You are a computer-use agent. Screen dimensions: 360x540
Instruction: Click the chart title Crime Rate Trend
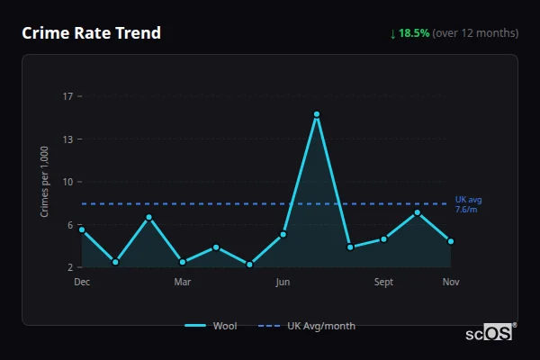[92, 33]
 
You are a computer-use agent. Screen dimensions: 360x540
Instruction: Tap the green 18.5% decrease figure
[416, 33]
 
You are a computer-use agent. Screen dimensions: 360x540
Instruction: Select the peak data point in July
[317, 114]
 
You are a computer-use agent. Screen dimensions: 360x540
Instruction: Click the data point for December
[82, 229]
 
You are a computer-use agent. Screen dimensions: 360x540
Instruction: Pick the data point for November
[451, 241]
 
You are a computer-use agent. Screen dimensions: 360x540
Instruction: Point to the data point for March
[183, 262]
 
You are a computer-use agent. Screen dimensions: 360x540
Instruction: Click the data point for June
[283, 234]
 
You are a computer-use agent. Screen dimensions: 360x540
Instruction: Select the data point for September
[384, 238]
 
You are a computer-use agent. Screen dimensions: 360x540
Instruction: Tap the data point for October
[418, 212]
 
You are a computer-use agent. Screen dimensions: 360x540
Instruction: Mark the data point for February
[149, 217]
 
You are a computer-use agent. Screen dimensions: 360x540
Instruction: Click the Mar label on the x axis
[183, 283]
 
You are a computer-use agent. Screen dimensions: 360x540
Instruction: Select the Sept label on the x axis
[384, 283]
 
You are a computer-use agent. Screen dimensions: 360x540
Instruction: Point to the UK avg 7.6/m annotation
[468, 204]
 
